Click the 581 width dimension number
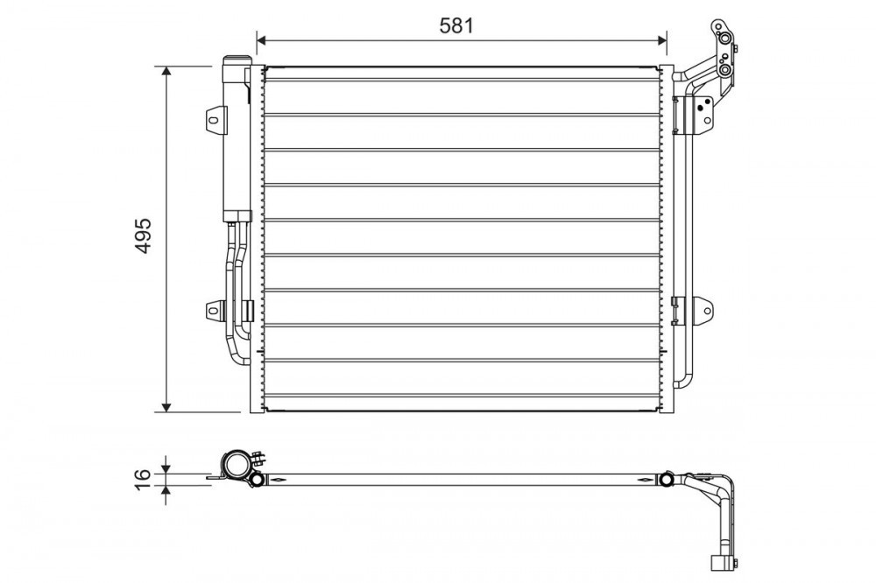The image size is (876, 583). [x=456, y=25]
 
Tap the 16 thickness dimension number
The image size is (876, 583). [x=143, y=480]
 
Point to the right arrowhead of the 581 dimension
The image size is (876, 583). [x=660, y=40]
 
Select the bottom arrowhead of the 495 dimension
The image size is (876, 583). [x=166, y=406]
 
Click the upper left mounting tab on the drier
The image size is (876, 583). [x=215, y=119]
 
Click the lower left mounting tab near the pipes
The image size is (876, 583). [x=215, y=309]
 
